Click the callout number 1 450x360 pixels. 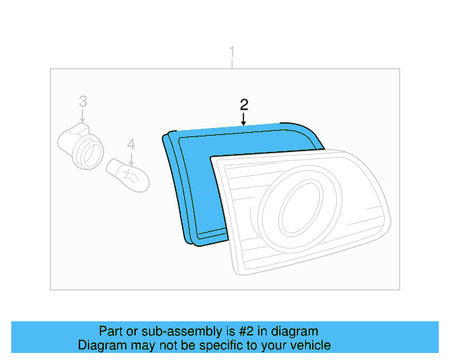coord(232,52)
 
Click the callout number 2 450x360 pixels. coord(244,105)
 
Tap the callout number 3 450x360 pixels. coord(82,101)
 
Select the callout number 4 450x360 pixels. coord(130,144)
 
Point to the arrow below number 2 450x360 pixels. coord(244,120)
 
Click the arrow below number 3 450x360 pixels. coord(82,116)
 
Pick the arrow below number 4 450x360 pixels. coord(130,157)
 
